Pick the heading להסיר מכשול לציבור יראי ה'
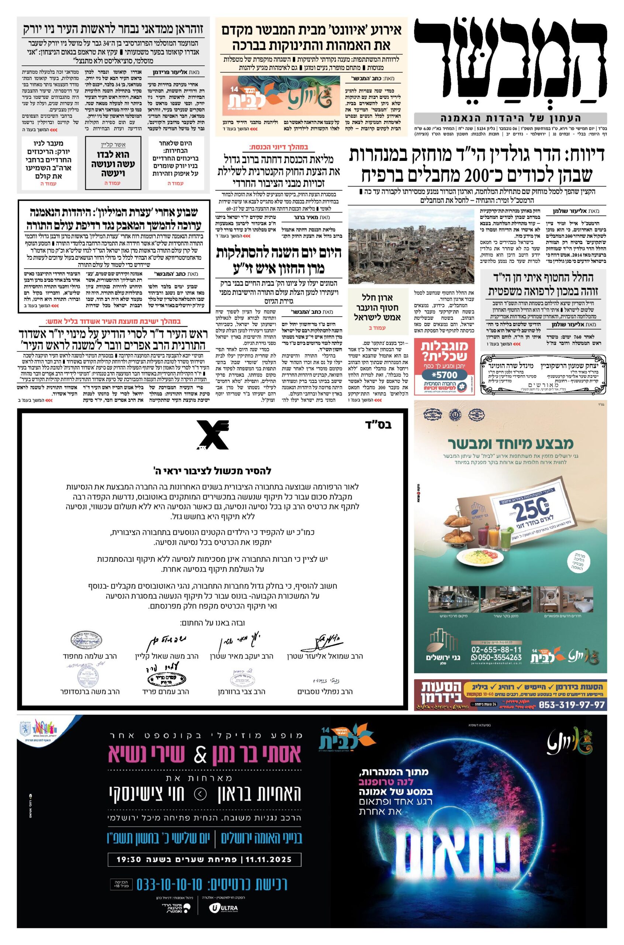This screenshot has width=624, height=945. click(213, 471)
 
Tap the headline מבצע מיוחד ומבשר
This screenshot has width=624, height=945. click(511, 443)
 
